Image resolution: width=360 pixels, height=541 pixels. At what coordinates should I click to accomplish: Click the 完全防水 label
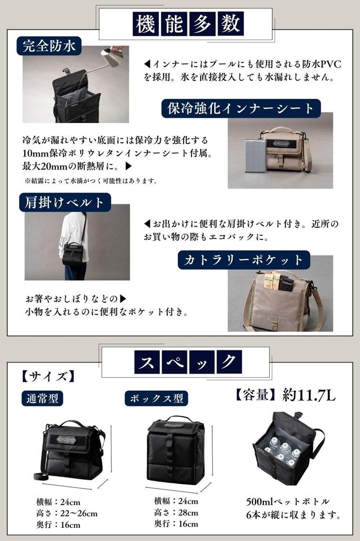50,46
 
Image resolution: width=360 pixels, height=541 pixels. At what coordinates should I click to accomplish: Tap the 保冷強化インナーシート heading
241,109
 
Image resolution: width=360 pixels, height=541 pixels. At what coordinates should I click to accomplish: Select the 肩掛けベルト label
65,202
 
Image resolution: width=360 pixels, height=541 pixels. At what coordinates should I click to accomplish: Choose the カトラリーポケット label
243,259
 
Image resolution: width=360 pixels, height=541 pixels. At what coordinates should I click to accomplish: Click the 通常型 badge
42,398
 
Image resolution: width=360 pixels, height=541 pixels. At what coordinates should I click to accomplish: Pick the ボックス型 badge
156,398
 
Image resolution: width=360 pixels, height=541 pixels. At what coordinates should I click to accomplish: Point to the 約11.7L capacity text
309,395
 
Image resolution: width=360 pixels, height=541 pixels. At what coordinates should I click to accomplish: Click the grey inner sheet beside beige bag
256,155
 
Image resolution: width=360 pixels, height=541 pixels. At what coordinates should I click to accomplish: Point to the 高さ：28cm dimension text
176,512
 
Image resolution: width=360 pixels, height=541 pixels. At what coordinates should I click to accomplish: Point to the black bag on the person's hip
73,254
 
